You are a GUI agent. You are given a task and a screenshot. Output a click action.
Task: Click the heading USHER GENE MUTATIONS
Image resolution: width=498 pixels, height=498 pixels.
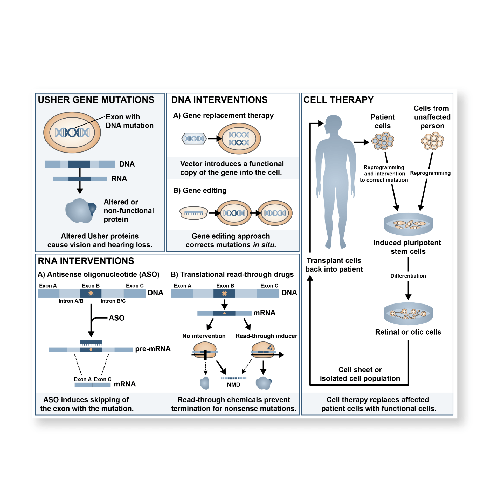(x=96, y=100)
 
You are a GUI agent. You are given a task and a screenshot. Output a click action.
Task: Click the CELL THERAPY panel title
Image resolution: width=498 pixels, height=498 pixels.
(x=338, y=100)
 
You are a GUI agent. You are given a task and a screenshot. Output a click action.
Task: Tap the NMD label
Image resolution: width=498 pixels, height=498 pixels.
(x=233, y=385)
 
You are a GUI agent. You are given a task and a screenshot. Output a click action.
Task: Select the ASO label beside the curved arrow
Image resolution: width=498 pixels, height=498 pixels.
(x=116, y=318)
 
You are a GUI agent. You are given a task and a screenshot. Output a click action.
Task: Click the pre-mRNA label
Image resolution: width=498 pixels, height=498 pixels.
(x=153, y=349)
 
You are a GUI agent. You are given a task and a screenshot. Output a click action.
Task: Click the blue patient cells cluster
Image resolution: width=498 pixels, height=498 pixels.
(x=383, y=141)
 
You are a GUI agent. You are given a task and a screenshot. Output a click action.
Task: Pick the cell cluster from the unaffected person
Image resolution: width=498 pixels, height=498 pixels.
(x=432, y=141)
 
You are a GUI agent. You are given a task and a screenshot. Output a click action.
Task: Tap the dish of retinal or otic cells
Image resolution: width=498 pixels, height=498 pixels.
(x=408, y=314)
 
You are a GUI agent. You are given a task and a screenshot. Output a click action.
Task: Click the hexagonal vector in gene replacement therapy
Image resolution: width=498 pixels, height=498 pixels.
(x=194, y=139)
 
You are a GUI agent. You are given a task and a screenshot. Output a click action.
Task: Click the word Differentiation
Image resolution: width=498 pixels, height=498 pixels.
(x=408, y=276)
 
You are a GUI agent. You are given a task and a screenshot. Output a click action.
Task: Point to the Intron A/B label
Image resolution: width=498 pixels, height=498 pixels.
(x=71, y=301)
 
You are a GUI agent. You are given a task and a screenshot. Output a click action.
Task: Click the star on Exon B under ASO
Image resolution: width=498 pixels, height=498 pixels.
(x=91, y=293)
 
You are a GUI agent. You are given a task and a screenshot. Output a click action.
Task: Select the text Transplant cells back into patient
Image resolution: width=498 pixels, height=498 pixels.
(x=334, y=265)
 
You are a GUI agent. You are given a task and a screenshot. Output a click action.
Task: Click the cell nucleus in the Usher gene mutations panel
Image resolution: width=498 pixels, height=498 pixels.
(x=72, y=132)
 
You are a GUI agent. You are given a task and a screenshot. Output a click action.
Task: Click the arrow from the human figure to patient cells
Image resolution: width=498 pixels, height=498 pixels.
(x=361, y=142)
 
